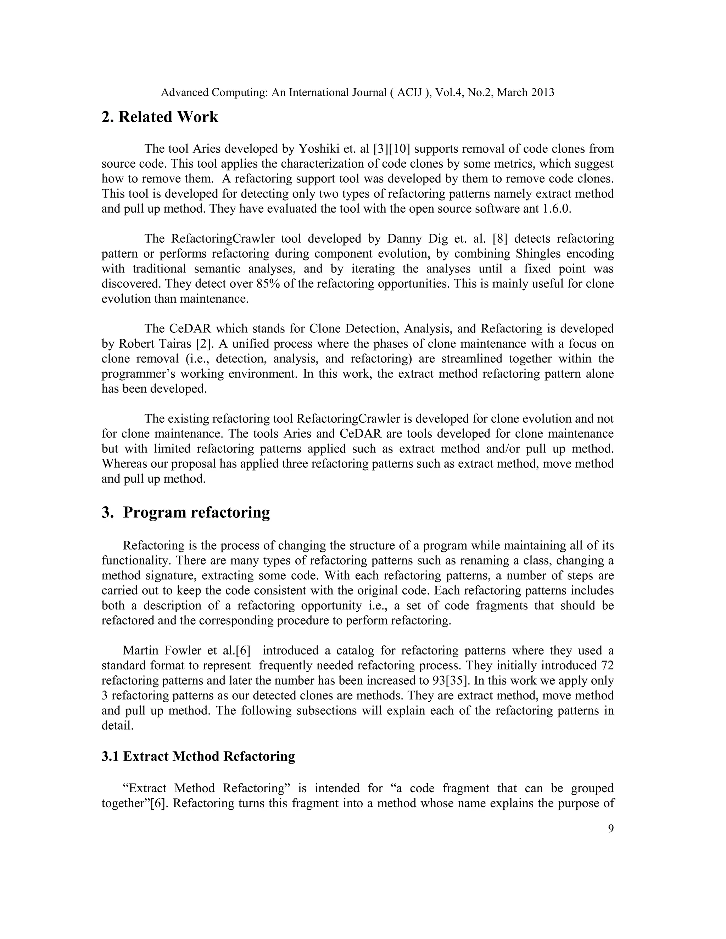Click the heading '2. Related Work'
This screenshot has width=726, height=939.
coord(160,117)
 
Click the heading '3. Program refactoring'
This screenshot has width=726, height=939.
coord(185,512)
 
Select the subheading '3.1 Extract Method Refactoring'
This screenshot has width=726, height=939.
coord(198,756)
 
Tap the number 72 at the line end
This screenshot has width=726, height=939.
coord(607,665)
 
